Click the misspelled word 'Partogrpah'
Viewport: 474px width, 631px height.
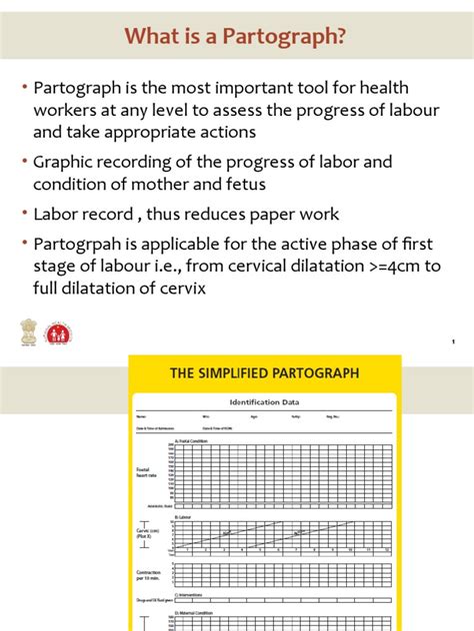pos(81,243)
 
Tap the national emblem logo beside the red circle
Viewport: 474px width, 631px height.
pos(26,332)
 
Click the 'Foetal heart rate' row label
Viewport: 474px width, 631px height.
pos(147,472)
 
